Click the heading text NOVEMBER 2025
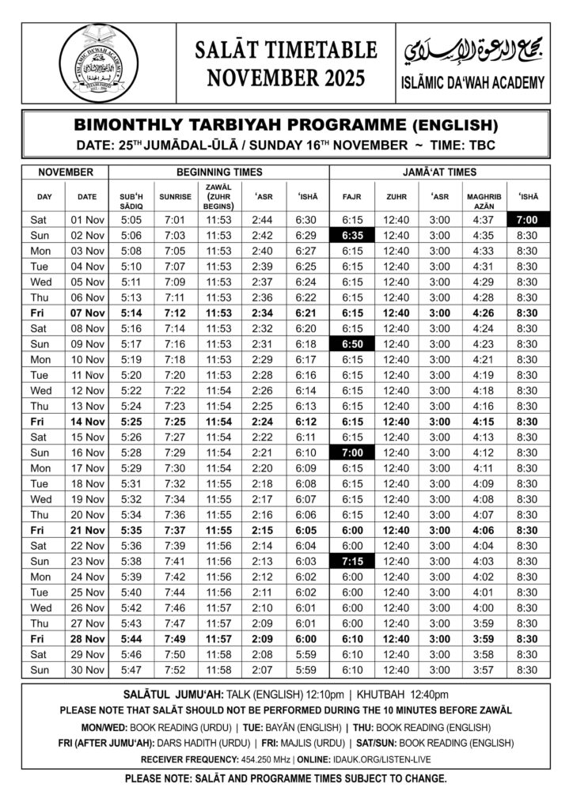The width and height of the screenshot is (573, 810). (286, 78)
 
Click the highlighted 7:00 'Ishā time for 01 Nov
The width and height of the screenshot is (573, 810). (526, 219)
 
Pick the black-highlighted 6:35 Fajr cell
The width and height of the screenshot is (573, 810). (352, 235)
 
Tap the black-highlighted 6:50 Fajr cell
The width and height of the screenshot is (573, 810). (352, 344)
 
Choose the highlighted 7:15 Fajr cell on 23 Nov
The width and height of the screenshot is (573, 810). (352, 562)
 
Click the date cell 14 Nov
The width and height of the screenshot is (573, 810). (87, 422)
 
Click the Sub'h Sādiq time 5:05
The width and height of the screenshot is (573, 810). (131, 219)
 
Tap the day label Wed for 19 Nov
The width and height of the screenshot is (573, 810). (40, 499)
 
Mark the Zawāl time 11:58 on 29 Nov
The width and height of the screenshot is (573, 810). (218, 655)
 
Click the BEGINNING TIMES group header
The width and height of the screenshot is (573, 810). (218, 172)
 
